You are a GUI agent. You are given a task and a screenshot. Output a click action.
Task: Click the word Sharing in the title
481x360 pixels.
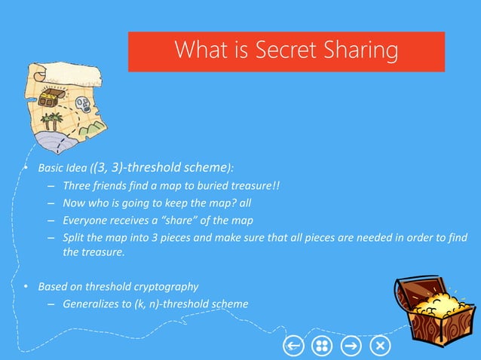point(357,51)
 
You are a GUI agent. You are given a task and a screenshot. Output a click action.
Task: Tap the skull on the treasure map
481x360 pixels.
point(81,102)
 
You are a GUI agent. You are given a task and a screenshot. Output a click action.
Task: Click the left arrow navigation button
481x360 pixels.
point(293,345)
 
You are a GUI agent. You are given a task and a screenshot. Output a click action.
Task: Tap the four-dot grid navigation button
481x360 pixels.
point(322,345)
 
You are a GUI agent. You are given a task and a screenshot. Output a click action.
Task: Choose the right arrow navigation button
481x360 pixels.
point(351,345)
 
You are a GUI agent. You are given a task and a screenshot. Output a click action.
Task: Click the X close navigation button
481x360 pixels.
point(381,345)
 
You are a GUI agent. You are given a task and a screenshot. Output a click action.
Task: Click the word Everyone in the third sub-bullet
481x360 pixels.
point(85,221)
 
